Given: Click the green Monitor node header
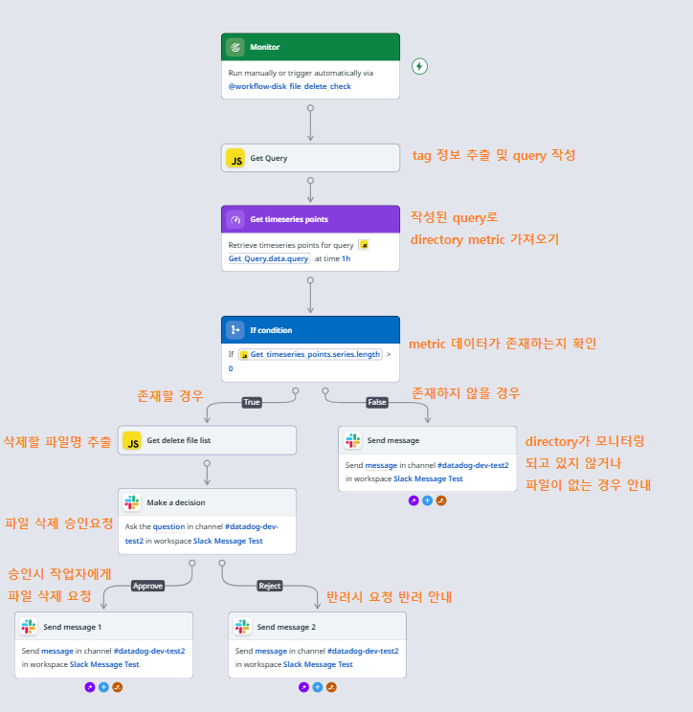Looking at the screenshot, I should (x=310, y=47).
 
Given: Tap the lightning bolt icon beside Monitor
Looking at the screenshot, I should (x=419, y=66).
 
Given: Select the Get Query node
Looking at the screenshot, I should (x=310, y=158).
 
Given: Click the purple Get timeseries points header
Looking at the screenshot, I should (x=310, y=219).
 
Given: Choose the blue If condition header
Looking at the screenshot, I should (x=310, y=330).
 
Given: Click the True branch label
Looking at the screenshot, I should (x=252, y=402).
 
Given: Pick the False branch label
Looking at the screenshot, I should (x=377, y=402).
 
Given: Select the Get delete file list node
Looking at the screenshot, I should (x=207, y=441).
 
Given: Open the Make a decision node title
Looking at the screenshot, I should (x=176, y=502).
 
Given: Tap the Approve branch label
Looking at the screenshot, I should (x=147, y=586).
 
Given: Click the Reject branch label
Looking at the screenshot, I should (x=270, y=586).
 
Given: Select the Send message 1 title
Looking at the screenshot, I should (x=72, y=627).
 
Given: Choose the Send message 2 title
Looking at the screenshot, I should (x=286, y=627).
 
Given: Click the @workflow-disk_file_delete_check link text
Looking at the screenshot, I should (x=289, y=86).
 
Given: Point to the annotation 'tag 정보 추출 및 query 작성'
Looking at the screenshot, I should (x=493, y=155).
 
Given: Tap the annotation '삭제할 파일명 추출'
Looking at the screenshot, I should (x=57, y=441).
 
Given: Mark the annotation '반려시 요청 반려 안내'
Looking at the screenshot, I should (x=389, y=597).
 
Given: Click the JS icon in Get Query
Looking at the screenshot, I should (x=235, y=158).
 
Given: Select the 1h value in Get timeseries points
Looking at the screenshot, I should (x=346, y=258).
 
